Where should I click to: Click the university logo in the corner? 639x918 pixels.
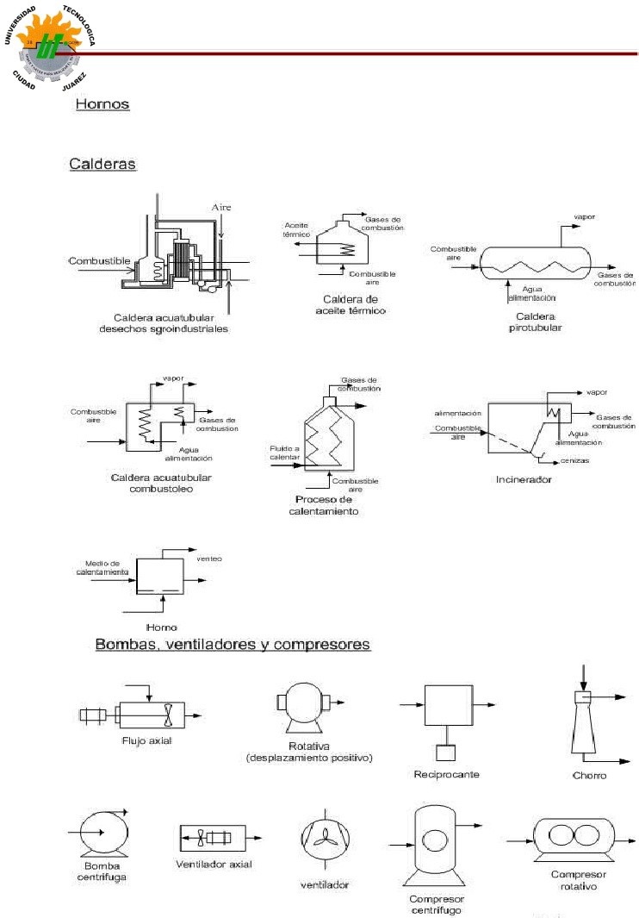(x=54, y=48)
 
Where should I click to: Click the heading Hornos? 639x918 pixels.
(x=102, y=104)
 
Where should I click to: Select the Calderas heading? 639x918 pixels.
(x=102, y=163)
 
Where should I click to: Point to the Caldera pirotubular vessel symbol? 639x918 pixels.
(x=532, y=261)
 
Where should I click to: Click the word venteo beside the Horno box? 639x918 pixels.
(x=209, y=559)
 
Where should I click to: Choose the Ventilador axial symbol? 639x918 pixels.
(x=213, y=836)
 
